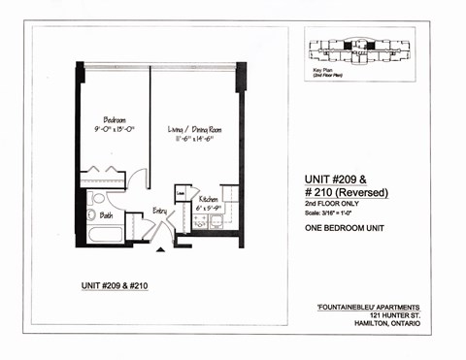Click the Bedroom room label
point(114,120)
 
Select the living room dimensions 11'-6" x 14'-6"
point(189,137)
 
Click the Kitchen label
point(210,197)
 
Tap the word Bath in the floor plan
point(106,214)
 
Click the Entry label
point(159,210)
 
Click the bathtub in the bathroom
point(103,234)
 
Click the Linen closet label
point(181,192)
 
